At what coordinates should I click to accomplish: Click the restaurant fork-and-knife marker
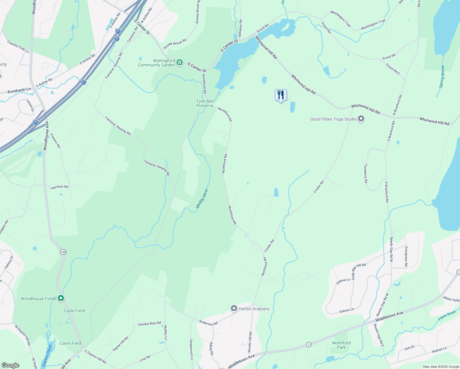[x=280, y=95]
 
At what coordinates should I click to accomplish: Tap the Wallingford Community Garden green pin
[x=180, y=63]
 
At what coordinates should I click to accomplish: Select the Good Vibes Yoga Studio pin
[x=361, y=119]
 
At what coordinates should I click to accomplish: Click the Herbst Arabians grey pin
[x=234, y=308]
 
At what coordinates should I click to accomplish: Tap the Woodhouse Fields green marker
[x=61, y=298]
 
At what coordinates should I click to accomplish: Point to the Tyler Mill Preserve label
[x=205, y=103]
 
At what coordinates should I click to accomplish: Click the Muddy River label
[x=202, y=199]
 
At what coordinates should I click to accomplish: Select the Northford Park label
[x=341, y=345]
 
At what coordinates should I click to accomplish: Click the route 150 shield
[x=63, y=252]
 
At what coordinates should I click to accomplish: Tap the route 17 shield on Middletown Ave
[x=309, y=345]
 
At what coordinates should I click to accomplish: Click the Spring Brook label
[x=442, y=77]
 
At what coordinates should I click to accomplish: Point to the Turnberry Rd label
[x=366, y=173]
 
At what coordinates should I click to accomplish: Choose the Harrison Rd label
[x=59, y=187]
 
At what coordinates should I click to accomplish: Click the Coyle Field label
[x=74, y=311]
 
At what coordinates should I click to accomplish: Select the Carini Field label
[x=70, y=343]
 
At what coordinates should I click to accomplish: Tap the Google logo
[x=10, y=365]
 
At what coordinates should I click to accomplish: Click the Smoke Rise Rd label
[x=149, y=324]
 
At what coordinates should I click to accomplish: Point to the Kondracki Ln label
[x=19, y=91]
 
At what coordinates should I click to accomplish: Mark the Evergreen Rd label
[x=406, y=256]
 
